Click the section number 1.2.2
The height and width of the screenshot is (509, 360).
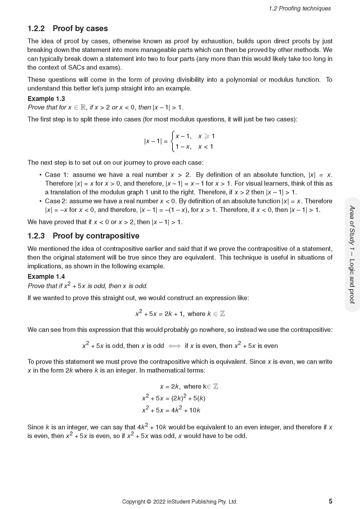click(36, 28)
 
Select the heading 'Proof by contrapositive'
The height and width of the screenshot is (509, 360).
click(96, 236)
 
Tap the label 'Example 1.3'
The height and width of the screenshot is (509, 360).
click(46, 99)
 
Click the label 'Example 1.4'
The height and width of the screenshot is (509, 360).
click(46, 276)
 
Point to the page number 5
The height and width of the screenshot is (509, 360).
click(331, 501)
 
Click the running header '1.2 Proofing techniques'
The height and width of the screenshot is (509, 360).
click(299, 9)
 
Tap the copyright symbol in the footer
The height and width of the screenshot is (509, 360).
click(149, 501)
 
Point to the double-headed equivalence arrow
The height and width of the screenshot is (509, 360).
click(174, 346)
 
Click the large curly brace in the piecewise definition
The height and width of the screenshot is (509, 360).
click(172, 141)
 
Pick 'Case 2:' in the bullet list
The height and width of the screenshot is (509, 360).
click(56, 201)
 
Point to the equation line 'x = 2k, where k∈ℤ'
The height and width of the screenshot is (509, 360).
click(189, 386)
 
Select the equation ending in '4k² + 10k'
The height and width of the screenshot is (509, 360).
click(171, 410)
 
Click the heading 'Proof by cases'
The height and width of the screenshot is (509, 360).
click(80, 28)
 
